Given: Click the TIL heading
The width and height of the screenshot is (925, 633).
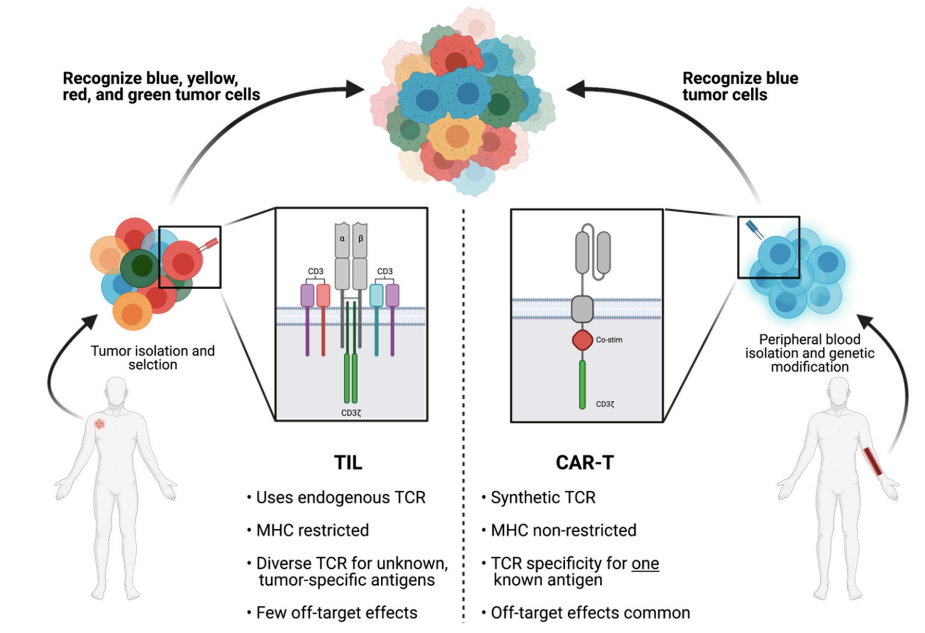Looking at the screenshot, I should click(348, 462).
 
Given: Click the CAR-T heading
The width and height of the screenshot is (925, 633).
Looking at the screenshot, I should click(585, 462).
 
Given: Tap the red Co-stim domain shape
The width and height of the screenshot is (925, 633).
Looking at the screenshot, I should click(582, 340).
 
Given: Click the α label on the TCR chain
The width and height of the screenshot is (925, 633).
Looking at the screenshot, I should click(342, 238).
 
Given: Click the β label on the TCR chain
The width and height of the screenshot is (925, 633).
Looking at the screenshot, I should click(361, 238).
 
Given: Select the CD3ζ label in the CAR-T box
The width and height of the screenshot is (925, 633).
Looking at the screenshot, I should click(605, 404).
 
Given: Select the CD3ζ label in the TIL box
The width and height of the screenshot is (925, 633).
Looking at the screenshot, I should click(351, 413).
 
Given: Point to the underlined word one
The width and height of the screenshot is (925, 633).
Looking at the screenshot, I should click(645, 564).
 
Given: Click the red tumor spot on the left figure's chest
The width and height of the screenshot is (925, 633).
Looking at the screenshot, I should click(100, 424).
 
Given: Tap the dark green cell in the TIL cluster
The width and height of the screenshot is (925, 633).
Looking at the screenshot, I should click(140, 267).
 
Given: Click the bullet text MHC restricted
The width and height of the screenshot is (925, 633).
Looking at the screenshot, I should click(312, 530).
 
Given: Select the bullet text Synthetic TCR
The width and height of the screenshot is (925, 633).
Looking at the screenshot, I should click(543, 497).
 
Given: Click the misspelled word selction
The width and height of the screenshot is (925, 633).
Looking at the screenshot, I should click(153, 365).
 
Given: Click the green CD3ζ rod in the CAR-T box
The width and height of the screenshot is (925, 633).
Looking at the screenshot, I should click(582, 384).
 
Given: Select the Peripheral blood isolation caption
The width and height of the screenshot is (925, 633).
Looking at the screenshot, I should click(809, 353).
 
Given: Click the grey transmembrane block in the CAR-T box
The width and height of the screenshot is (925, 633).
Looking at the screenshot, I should click(582, 309).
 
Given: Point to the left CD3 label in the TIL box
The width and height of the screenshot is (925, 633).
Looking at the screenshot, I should click(316, 271).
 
